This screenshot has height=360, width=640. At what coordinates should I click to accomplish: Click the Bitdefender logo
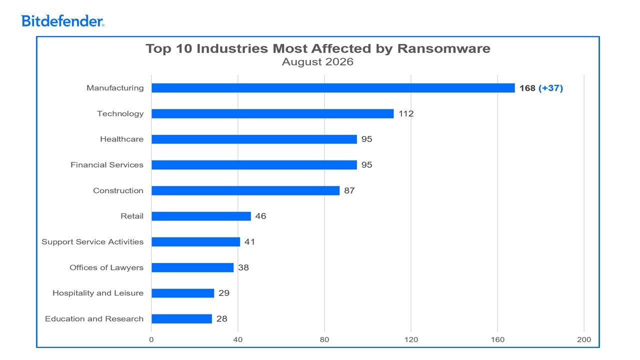click(62, 21)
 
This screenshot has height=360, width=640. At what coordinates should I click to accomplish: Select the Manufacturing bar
click(333, 88)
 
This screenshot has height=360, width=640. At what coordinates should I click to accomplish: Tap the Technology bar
click(272, 113)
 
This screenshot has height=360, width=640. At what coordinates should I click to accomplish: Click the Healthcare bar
click(254, 139)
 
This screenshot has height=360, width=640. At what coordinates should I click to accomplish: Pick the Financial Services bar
click(254, 165)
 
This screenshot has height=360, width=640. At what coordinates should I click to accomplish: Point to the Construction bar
click(245, 190)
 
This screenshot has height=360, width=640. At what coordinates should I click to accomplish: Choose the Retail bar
click(201, 216)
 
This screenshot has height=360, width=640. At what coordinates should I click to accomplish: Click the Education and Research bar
click(181, 318)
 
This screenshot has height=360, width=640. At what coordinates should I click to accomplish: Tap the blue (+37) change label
click(550, 88)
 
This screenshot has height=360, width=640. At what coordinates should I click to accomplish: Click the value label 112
click(406, 113)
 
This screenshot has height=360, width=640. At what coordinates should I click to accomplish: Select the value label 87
click(349, 190)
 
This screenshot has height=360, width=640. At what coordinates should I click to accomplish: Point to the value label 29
click(224, 293)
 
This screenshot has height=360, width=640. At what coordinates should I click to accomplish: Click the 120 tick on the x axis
click(411, 339)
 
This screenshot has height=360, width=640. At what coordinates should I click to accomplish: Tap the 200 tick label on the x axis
click(584, 339)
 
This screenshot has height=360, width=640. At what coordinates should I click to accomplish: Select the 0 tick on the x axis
click(151, 339)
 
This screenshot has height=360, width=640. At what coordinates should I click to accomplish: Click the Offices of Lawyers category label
click(106, 267)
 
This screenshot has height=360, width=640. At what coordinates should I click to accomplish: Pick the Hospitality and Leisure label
click(98, 293)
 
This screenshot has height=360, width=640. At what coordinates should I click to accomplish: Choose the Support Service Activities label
click(92, 242)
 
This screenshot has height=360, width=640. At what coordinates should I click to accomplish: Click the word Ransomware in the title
click(443, 48)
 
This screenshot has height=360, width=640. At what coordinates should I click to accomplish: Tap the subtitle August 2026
click(317, 61)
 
